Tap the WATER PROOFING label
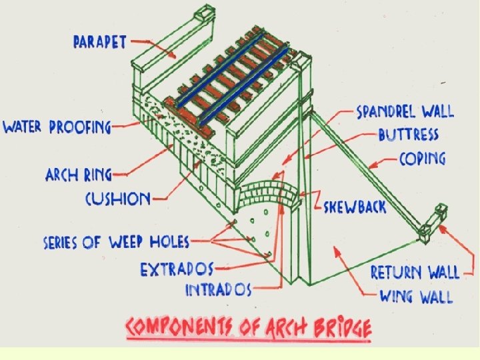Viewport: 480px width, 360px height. point(57,127)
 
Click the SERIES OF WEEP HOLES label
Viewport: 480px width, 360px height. point(116,241)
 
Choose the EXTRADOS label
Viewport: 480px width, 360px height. point(177,270)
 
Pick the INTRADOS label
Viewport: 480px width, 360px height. point(217,290)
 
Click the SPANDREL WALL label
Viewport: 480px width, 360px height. point(405,111)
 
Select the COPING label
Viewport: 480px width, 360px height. point(423,159)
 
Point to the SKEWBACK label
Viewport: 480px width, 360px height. point(355,206)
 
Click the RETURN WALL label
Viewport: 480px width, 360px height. point(415,272)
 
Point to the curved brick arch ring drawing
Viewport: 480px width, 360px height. point(263,190)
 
